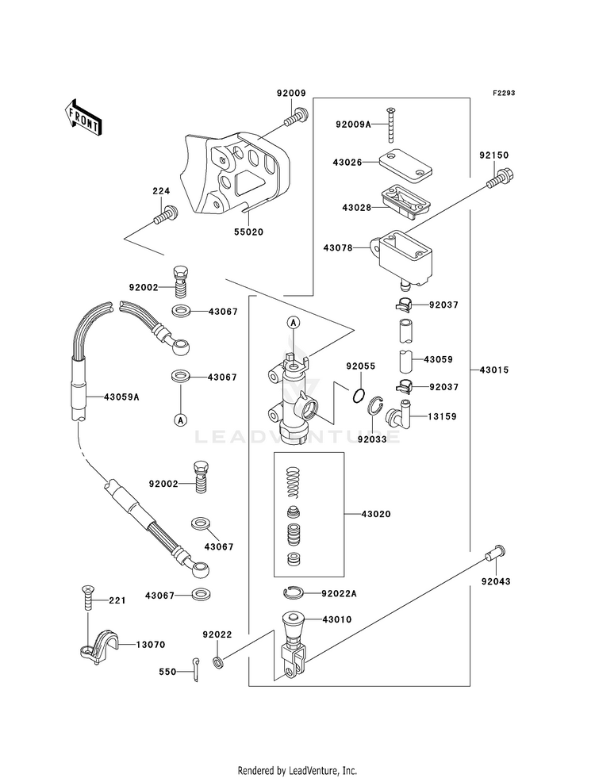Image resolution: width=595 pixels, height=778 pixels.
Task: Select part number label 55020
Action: [x=250, y=232]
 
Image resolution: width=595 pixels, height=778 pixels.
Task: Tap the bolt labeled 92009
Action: [x=297, y=117]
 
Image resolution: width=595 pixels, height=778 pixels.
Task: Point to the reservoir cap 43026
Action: [x=405, y=165]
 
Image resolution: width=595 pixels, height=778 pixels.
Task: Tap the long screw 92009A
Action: [x=389, y=125]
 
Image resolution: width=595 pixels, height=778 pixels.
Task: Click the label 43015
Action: [x=495, y=370]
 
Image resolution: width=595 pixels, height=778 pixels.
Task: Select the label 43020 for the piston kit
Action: [x=376, y=514]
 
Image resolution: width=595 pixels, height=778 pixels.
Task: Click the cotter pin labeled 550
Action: [x=195, y=669]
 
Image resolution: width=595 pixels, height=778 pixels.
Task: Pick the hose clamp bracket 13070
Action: [x=99, y=647]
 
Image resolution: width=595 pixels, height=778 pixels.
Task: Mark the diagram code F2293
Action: [x=503, y=93]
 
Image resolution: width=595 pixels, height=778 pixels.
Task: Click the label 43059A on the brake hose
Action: [x=121, y=397]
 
